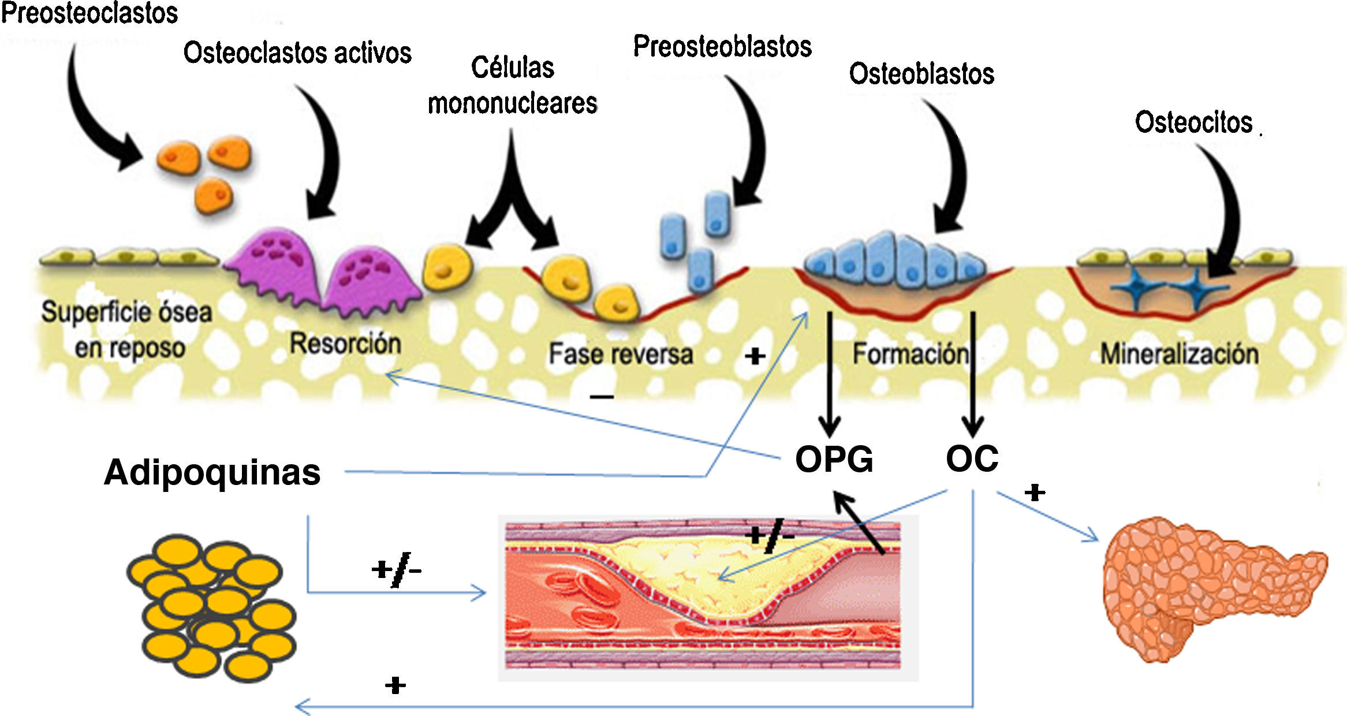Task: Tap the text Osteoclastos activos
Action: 297,53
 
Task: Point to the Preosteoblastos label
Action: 722,46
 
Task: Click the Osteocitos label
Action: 1193,122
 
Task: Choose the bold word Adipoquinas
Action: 212,472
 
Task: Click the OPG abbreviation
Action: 834,460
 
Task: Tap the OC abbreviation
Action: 972,459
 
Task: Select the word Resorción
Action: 345,344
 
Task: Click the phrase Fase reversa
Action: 621,354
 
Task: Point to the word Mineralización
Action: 1179,354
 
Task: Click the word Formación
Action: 911,354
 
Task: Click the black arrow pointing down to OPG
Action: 830,375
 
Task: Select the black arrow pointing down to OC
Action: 973,375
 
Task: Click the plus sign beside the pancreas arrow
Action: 1035,493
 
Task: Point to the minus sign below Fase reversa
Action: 602,397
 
